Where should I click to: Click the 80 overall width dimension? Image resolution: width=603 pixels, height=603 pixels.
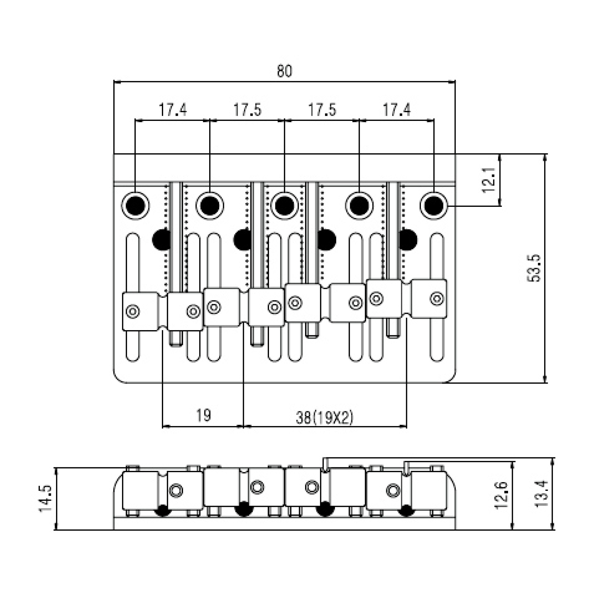point(284,71)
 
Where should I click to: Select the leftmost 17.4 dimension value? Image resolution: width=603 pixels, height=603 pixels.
point(172,110)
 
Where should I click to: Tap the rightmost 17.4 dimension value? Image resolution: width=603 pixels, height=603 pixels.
point(397,110)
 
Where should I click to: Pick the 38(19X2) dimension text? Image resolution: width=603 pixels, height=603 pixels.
point(325,418)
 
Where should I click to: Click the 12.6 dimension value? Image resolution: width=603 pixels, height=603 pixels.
point(502,499)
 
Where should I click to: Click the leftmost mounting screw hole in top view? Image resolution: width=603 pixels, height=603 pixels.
point(135,206)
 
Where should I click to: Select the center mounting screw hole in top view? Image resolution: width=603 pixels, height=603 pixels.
point(284,206)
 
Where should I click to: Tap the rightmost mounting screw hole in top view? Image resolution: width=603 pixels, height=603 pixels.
point(434,206)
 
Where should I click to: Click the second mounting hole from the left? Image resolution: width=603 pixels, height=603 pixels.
point(210,206)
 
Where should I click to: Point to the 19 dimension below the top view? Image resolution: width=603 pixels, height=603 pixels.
point(204,415)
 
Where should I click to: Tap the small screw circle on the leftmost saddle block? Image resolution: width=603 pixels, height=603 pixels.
point(133,311)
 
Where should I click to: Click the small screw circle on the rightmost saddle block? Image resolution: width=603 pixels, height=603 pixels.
point(437,298)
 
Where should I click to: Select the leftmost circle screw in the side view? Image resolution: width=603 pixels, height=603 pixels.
point(176,491)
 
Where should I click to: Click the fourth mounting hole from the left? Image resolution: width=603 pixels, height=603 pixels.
point(359,206)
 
